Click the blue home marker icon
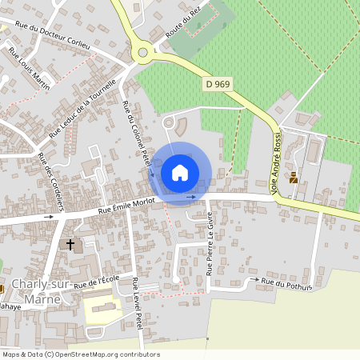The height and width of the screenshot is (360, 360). tap(180, 173)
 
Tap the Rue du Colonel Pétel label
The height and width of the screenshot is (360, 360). tap(137, 137)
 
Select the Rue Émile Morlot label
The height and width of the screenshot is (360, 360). tap(125, 206)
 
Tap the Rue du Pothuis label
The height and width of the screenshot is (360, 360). tap(287, 283)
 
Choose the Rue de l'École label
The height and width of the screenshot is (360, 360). tap(96, 281)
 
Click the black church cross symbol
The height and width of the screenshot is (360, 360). tap(70, 244)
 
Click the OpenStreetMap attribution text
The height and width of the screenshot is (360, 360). tap(80, 354)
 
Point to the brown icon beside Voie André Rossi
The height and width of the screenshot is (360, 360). tap(294, 178)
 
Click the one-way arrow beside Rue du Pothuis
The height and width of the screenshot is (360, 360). tap(254, 279)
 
